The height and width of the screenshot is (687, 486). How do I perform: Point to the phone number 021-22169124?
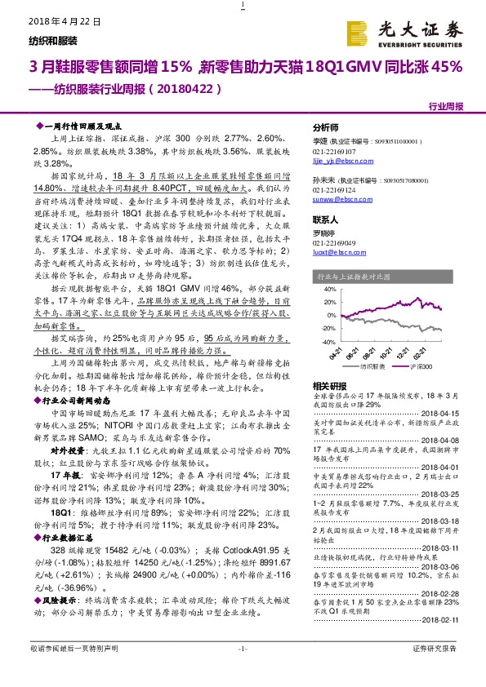coord(335,188)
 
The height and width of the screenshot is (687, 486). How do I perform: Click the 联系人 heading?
coord(326,220)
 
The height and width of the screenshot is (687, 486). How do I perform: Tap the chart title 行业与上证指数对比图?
coord(352,277)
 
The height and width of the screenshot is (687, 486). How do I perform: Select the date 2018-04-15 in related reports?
coord(446,414)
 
